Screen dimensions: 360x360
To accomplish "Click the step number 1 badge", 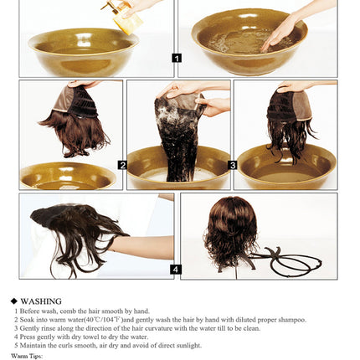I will [x=177, y=58].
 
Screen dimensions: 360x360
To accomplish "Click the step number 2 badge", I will [x=122, y=165].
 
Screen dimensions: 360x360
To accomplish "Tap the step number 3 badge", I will [x=233, y=165].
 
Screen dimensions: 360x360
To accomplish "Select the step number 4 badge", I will [x=176, y=269].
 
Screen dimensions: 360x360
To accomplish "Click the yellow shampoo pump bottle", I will [x=121, y=15].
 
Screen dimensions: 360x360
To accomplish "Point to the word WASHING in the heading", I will [x=41, y=301].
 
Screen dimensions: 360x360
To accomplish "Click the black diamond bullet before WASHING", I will [x=14, y=301].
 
